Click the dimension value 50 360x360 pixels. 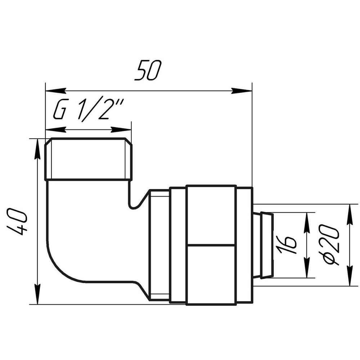pos(148,71)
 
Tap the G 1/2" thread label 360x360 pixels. pos(88,110)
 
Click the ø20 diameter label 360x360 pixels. pos(329,245)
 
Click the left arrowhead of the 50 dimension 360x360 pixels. pos(54,90)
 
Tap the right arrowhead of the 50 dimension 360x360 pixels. pos(243,90)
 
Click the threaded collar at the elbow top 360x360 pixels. pos(88,159)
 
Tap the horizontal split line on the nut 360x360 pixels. pos(211,245)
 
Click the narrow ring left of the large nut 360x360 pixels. pos(178,245)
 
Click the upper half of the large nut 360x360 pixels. pos(211,215)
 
